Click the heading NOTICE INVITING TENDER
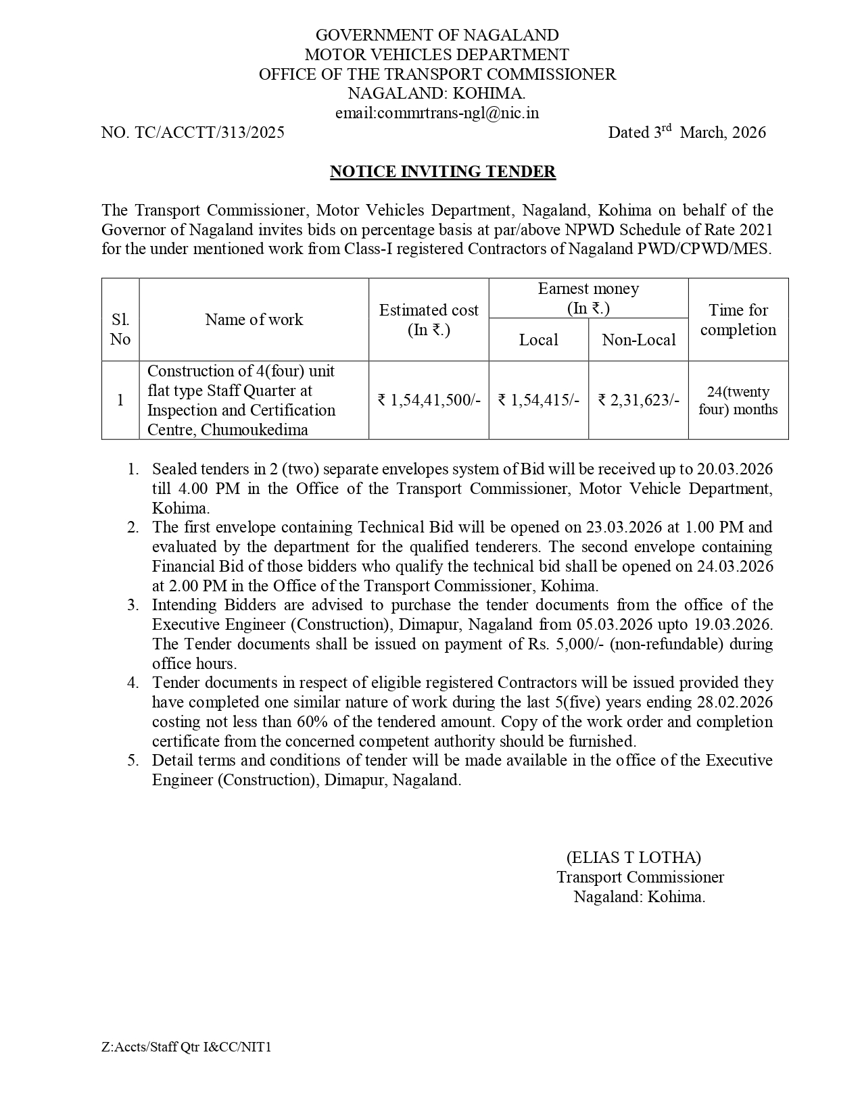point(442,172)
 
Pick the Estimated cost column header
point(429,320)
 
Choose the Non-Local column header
point(638,340)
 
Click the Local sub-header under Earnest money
point(538,340)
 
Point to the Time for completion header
point(738,320)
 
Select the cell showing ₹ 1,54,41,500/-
point(429,400)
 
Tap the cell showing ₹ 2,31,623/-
point(638,400)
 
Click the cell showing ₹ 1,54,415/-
point(538,400)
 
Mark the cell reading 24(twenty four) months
point(738,401)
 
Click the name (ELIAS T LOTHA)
point(633,858)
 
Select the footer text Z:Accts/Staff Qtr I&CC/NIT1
point(187,1047)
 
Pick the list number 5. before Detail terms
point(133,760)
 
